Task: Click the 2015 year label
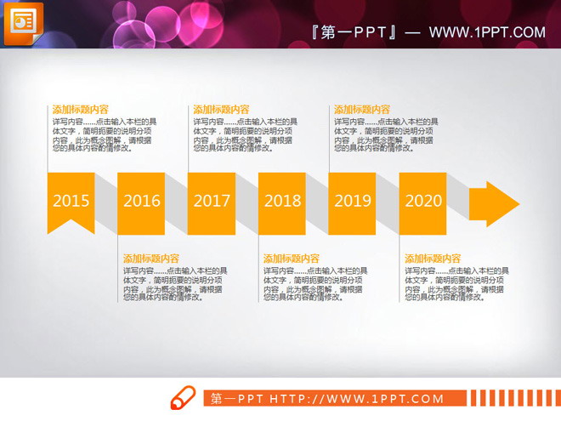click(71, 202)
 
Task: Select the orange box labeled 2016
click(141, 202)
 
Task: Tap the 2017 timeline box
click(212, 202)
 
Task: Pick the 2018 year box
click(282, 202)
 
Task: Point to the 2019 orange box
click(353, 202)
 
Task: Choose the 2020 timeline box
click(423, 202)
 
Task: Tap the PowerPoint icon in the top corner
click(23, 23)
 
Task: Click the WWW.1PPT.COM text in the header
click(487, 33)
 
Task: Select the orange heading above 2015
click(80, 110)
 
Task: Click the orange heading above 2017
click(221, 110)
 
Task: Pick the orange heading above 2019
click(362, 110)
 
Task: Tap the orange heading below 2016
click(151, 259)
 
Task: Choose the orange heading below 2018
click(292, 259)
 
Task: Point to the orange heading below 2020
click(433, 259)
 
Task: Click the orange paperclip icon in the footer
click(183, 398)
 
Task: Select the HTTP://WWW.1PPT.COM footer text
click(356, 399)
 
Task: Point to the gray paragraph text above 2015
click(103, 134)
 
